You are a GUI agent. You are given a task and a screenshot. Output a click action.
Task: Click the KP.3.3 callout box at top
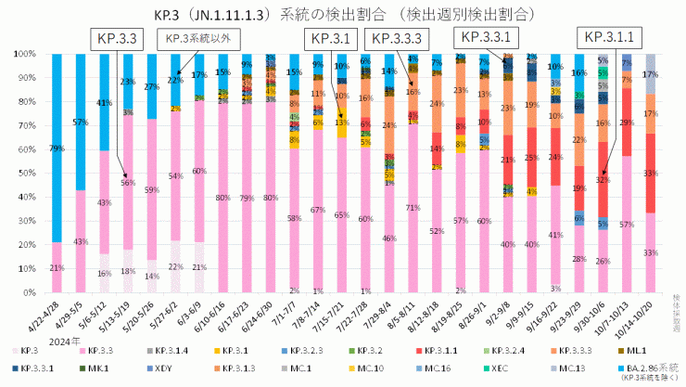tap(117, 38)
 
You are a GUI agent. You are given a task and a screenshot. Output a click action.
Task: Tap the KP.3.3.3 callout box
tap(399, 38)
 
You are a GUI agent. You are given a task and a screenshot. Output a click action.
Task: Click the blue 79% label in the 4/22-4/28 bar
tap(57, 148)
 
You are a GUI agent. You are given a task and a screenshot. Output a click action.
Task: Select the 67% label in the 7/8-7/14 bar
tap(318, 211)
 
